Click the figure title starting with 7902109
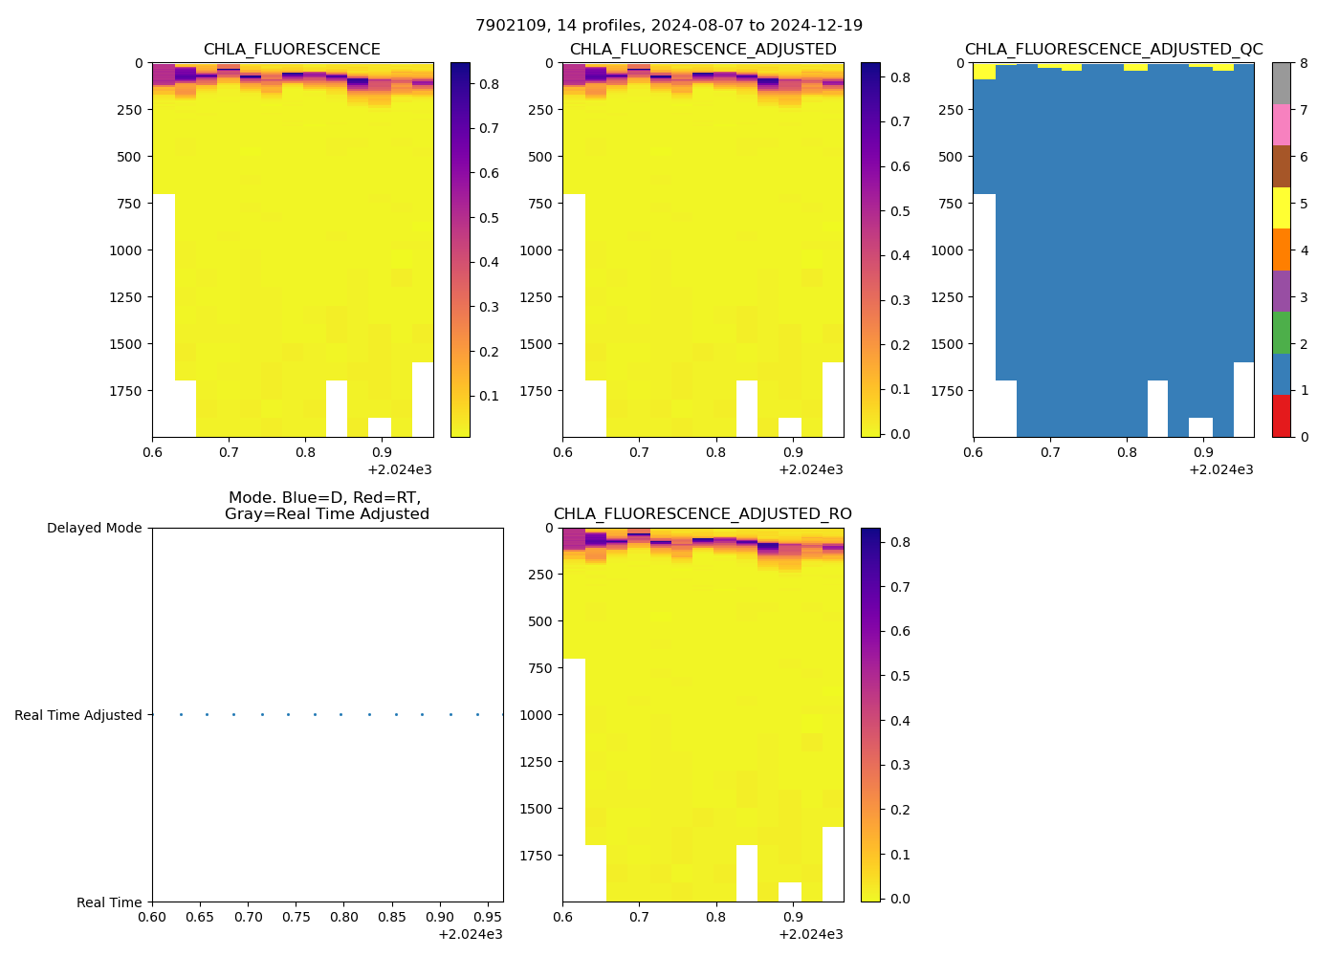point(669,26)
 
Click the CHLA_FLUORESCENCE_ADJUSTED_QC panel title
point(1113,50)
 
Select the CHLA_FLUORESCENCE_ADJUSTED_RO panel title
point(702,514)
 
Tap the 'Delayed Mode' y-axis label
point(94,528)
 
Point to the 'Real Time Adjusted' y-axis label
point(77,715)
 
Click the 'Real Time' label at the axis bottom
point(109,902)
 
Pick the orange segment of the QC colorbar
point(1281,250)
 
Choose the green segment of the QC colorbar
point(1281,333)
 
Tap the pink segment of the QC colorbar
point(1281,125)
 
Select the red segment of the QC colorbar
point(1281,416)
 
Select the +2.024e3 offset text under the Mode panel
point(470,934)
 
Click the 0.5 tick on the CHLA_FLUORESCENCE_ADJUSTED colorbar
point(898,211)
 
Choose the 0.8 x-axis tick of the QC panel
point(1127,452)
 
